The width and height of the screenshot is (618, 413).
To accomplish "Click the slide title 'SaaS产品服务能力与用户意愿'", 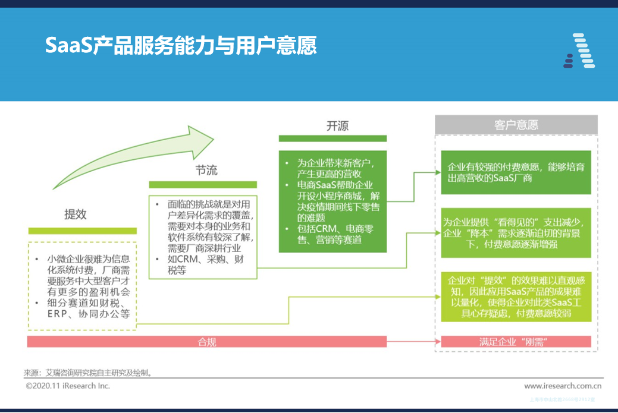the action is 181,46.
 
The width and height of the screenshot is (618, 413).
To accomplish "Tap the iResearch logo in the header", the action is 579,51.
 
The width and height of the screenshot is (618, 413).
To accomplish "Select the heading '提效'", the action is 76,215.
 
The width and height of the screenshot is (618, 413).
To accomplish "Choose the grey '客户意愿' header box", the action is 516,125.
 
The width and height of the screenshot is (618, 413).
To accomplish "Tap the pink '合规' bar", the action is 207,342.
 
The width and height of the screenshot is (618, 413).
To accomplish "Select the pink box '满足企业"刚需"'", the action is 516,342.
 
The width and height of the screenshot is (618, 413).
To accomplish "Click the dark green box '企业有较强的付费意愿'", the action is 516,172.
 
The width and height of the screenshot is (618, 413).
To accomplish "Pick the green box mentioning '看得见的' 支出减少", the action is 516,232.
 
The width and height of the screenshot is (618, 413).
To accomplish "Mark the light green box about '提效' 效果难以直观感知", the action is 516,296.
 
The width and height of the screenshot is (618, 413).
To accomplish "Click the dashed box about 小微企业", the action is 82,285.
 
